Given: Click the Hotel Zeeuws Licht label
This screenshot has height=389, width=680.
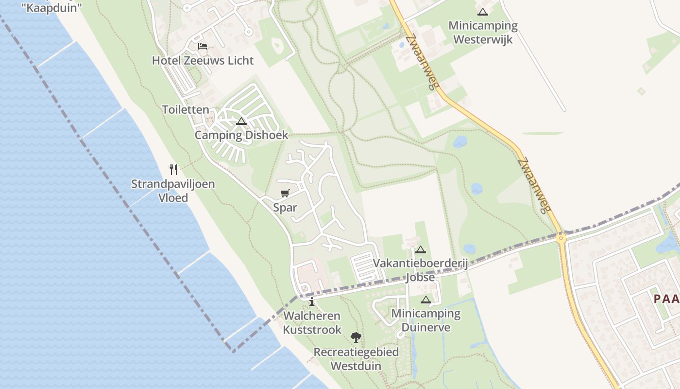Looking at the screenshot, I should [x=203, y=60].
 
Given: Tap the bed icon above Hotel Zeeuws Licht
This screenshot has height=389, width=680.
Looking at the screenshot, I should [x=203, y=46].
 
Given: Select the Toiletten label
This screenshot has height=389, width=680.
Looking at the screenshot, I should [x=186, y=109].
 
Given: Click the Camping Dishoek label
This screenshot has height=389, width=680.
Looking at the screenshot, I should [x=241, y=135].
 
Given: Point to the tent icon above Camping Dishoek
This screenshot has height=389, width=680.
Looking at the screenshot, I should [x=241, y=121].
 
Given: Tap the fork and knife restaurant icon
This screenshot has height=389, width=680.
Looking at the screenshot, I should [x=173, y=169].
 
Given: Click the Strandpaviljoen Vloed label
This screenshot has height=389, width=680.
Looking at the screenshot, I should [x=173, y=191].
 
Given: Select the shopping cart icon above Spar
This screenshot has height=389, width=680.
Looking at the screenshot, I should [x=285, y=194].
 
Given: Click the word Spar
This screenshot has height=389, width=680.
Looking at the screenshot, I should [x=285, y=208].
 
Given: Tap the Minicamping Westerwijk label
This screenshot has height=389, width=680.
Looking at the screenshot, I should [x=483, y=32].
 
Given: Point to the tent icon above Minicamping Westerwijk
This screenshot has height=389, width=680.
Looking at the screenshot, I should [x=482, y=12].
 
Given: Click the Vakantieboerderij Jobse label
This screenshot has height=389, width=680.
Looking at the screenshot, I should [x=420, y=270].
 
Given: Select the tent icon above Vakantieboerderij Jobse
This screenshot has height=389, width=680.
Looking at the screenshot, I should [x=421, y=249].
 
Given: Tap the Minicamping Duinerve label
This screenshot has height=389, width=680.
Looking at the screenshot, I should [x=426, y=320].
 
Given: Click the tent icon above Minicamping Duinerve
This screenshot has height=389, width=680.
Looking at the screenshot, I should [x=426, y=300].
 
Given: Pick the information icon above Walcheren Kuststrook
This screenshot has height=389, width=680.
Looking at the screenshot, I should [x=312, y=302].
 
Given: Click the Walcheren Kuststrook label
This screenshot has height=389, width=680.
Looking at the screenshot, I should [x=312, y=322].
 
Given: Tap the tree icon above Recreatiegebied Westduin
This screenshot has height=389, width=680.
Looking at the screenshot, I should [x=356, y=337].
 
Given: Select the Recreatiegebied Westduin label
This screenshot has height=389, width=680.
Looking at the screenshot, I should [x=356, y=358].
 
